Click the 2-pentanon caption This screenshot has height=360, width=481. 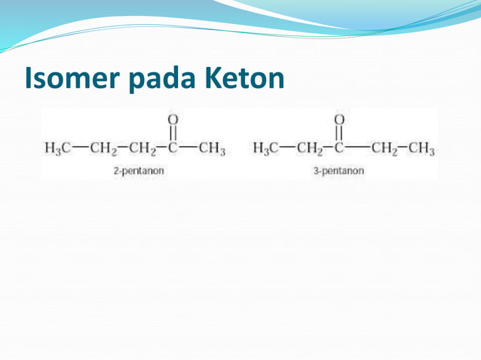click(x=139, y=171)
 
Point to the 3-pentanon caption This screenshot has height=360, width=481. click(x=339, y=171)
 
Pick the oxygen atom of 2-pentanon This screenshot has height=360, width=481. click(x=173, y=119)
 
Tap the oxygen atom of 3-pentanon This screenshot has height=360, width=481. click(x=339, y=119)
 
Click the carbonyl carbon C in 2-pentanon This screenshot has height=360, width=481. click(x=173, y=147)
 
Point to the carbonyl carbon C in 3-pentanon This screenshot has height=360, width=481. click(x=339, y=147)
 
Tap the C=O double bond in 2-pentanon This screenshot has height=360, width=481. click(x=173, y=133)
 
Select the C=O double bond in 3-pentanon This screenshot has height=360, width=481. click(x=339, y=133)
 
